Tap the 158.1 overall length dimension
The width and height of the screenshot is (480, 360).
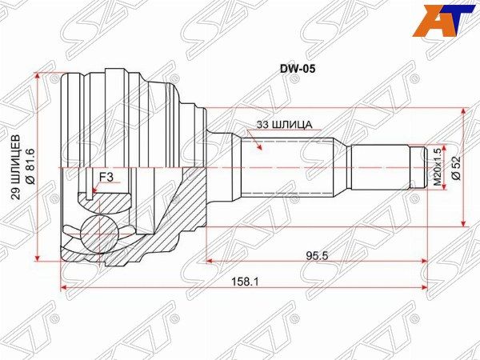(245, 281)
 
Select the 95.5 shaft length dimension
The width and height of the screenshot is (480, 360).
(317, 254)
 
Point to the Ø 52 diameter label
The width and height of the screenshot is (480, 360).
(456, 168)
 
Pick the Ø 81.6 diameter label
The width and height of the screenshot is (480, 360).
(31, 166)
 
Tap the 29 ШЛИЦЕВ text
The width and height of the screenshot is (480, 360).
(17, 167)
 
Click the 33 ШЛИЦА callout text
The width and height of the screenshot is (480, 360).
(284, 125)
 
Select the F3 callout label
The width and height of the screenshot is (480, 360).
(106, 178)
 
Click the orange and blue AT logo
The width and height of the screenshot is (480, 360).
(443, 21)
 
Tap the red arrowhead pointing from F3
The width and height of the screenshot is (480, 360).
(94, 190)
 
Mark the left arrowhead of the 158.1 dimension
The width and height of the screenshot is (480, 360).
(64, 287)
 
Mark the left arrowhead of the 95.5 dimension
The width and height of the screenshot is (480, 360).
(210, 261)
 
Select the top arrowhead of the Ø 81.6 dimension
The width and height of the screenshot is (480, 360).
(38, 76)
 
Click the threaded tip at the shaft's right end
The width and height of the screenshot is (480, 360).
(418, 167)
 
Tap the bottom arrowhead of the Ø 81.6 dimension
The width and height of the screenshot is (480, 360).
(38, 258)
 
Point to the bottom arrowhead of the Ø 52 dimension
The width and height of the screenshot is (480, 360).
(465, 223)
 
